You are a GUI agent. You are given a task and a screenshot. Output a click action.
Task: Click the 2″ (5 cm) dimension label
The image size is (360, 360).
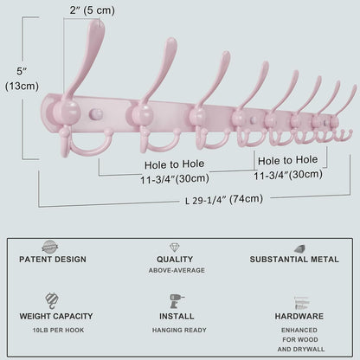click(92, 10)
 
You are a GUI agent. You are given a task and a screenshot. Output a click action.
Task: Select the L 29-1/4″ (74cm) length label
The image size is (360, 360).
click(224, 199)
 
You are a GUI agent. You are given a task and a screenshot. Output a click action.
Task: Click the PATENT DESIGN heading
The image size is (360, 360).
click(53, 260)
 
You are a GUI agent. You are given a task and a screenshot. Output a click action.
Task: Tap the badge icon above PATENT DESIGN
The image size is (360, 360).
click(50, 247)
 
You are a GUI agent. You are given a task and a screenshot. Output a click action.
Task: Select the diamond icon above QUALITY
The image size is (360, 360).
click(175, 247)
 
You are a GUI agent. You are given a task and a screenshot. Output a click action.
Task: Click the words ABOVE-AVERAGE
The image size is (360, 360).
click(177, 270)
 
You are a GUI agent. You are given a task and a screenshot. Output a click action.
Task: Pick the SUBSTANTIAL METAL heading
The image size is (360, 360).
click(294, 260)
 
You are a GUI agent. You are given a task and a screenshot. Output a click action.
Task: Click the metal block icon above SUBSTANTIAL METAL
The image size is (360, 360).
click(300, 248)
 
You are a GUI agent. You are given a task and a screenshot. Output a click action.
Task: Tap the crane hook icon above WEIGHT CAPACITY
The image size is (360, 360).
click(52, 300)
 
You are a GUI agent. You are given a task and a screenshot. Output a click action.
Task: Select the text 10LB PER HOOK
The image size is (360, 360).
click(58, 330)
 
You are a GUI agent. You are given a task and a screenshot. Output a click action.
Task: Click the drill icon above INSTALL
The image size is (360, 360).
click(177, 301)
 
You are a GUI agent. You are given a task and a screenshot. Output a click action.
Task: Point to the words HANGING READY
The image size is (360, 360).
click(179, 330)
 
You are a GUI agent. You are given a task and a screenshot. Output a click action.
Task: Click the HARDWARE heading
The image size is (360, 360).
click(299, 316)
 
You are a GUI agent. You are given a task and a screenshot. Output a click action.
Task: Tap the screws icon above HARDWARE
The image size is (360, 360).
click(301, 303)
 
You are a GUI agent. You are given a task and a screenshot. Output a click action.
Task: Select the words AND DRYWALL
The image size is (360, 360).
click(301, 349)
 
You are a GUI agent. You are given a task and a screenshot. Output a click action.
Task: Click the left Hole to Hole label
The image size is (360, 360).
click(175, 164)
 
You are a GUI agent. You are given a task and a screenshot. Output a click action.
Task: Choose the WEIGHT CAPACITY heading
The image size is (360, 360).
click(56, 316)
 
